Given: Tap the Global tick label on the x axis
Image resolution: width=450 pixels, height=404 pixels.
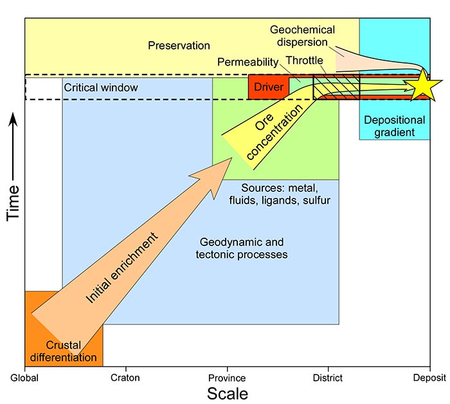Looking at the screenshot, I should coord(24,378).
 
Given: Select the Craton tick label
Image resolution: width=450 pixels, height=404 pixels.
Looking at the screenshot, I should coord(125,378).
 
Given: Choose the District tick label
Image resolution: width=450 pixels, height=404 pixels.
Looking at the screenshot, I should coord(328,378).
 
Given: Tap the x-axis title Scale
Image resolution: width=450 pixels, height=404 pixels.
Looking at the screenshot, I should coord(227,392).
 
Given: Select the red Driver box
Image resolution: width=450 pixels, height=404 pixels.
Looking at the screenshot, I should coord(268,87).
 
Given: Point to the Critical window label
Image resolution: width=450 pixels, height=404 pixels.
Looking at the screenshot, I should coord(101,87).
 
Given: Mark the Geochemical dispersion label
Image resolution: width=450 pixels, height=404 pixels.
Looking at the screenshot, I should coord(302,37).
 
